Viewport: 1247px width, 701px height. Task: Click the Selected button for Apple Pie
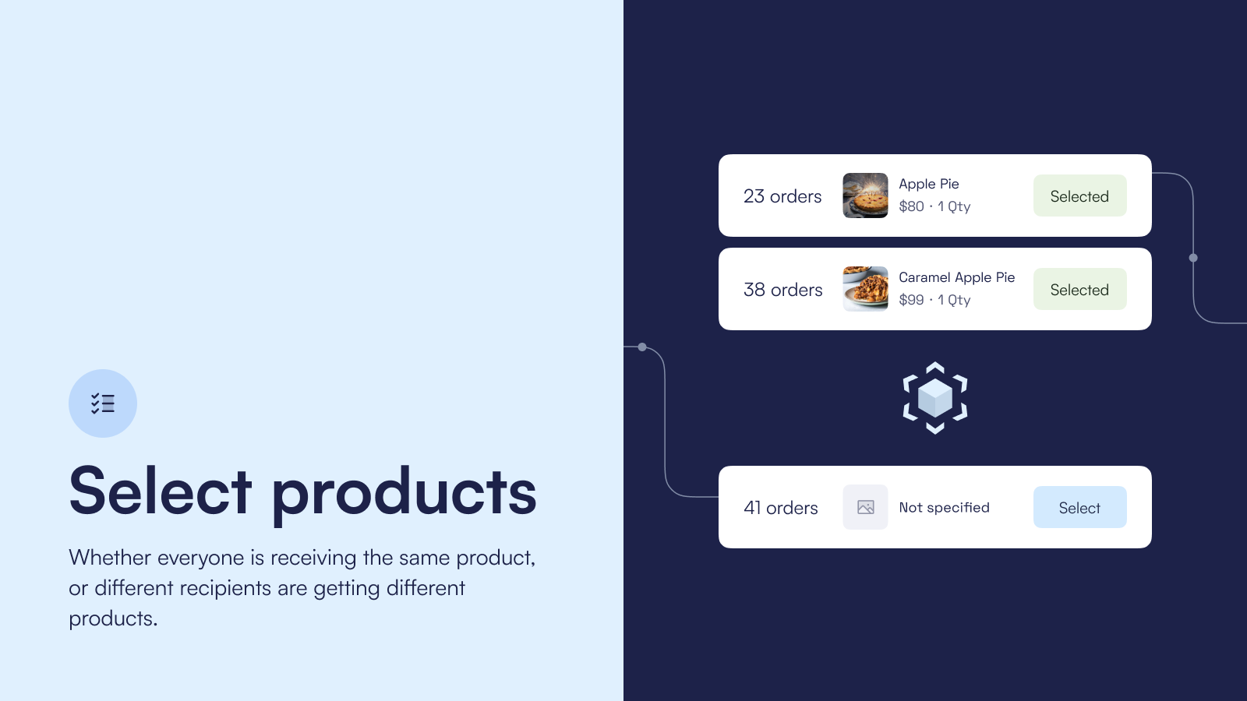[1080, 196]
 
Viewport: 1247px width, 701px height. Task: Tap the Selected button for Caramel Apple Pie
[1080, 289]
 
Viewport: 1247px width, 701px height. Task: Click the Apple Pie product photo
[865, 196]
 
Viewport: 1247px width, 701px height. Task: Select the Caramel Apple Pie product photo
[865, 289]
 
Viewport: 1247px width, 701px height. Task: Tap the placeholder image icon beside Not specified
[865, 507]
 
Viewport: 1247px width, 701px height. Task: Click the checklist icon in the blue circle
[103, 403]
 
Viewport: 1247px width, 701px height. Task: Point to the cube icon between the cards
[935, 398]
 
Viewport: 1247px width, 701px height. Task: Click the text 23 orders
[782, 196]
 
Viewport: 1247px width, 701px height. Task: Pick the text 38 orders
[782, 290]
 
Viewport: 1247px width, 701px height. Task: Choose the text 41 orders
[780, 508]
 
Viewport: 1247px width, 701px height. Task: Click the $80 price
[911, 206]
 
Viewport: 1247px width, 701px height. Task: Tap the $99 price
[911, 300]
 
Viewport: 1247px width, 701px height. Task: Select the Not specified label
[944, 507]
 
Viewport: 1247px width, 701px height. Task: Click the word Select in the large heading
[161, 491]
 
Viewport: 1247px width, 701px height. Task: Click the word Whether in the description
[110, 558]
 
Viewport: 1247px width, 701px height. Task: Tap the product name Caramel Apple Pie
[957, 277]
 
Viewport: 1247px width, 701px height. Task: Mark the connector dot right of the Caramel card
[1193, 258]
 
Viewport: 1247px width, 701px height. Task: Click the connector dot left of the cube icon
[642, 347]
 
